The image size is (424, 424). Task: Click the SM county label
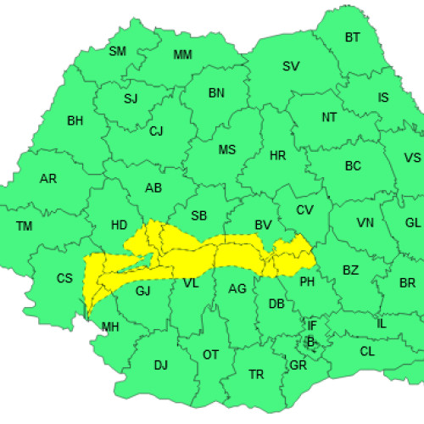click(x=118, y=51)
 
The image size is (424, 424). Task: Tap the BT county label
click(x=352, y=37)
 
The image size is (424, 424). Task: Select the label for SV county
click(x=291, y=66)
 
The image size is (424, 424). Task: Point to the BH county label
click(x=75, y=121)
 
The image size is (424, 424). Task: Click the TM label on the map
click(x=24, y=226)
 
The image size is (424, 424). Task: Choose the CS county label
click(x=65, y=278)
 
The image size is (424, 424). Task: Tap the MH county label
click(x=110, y=326)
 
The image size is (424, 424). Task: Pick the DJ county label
click(x=160, y=365)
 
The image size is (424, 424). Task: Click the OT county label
click(x=210, y=354)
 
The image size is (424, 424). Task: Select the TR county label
click(x=255, y=374)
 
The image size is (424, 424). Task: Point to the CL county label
click(x=366, y=351)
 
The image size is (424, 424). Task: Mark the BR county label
click(x=407, y=283)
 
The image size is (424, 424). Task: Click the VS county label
click(x=412, y=158)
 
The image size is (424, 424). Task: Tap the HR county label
click(x=277, y=157)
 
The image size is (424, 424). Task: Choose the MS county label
click(x=226, y=150)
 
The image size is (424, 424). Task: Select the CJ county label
click(x=156, y=131)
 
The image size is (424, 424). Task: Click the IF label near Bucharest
click(x=311, y=325)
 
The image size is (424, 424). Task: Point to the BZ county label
click(x=351, y=270)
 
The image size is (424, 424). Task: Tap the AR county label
click(x=48, y=179)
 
